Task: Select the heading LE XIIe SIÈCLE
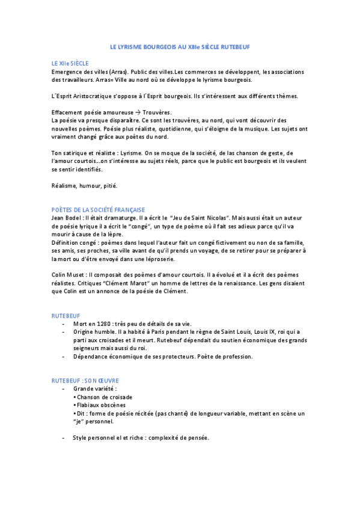pos(70,63)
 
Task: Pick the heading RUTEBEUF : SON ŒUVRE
pos(85,381)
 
